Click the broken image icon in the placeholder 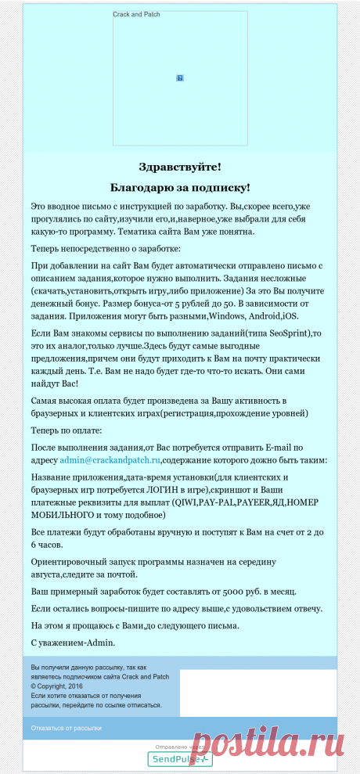coord(180,78)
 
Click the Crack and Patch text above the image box coord(136,14)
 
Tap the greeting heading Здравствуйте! coord(180,167)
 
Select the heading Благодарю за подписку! coord(180,188)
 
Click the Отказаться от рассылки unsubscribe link coord(67,728)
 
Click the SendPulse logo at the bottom coord(180,759)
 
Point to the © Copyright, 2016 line coord(57,685)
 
